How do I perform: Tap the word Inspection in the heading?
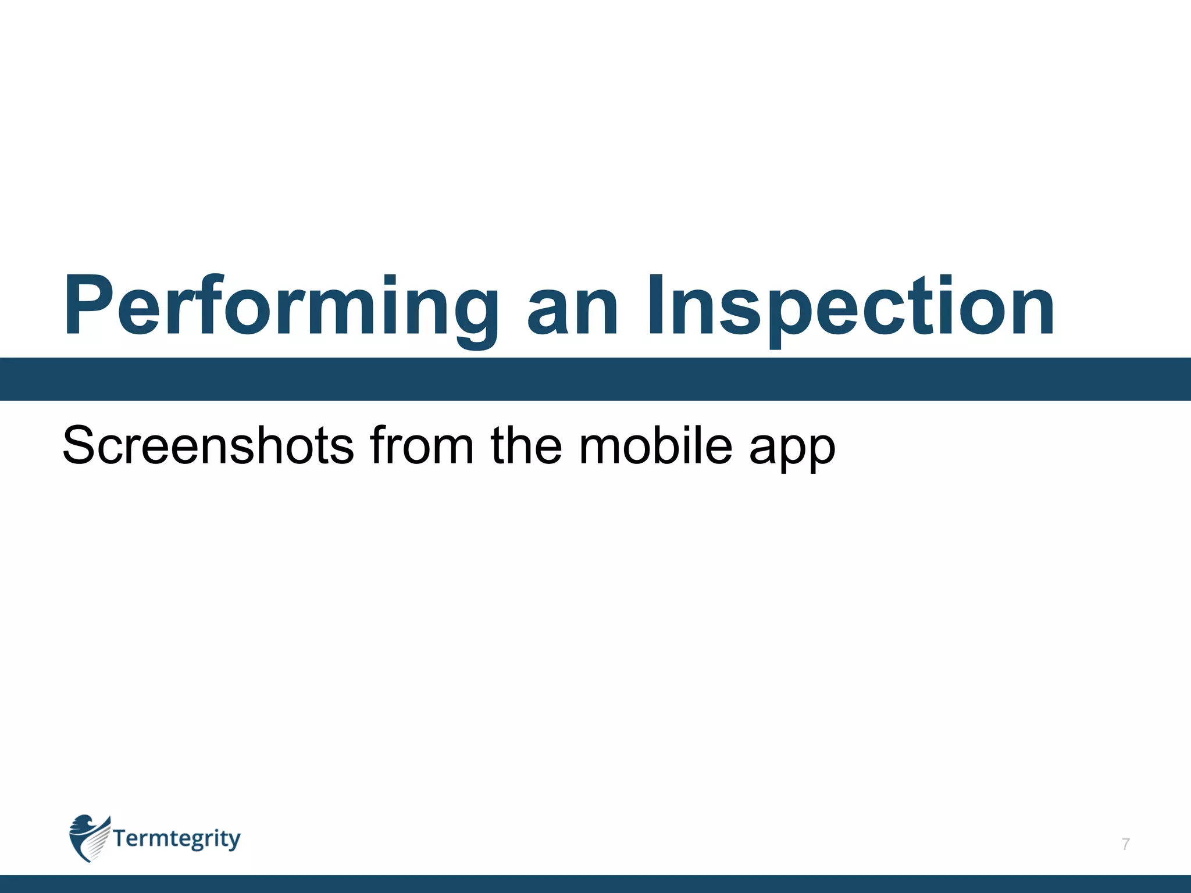(x=850, y=307)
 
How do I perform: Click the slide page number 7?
(x=1126, y=844)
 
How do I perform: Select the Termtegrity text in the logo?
(x=176, y=840)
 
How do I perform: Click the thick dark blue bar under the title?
(x=595, y=379)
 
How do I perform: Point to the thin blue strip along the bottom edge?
(x=595, y=884)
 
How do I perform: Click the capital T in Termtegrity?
(x=121, y=838)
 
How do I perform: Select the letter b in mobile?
(x=666, y=445)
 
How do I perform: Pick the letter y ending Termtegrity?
(x=233, y=841)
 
